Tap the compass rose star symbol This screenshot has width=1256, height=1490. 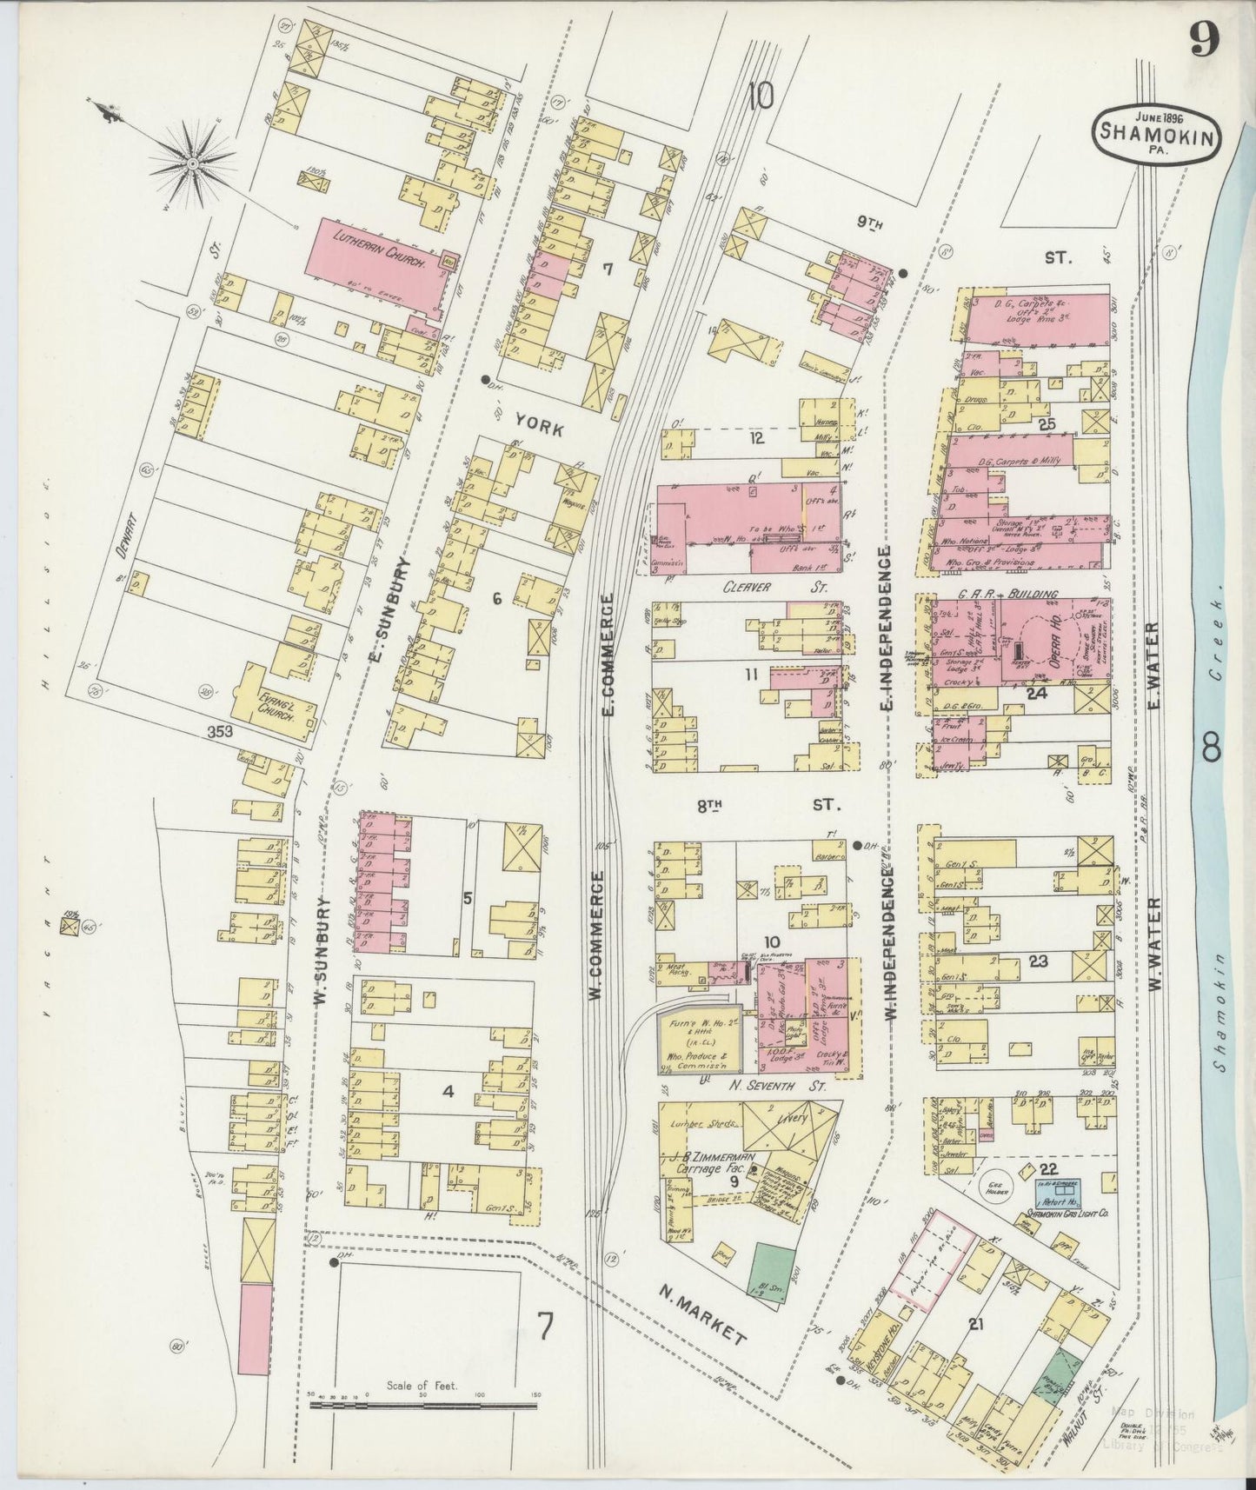(192, 162)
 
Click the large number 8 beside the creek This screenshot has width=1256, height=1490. (1212, 748)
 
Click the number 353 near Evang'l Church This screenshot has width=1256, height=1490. (220, 732)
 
